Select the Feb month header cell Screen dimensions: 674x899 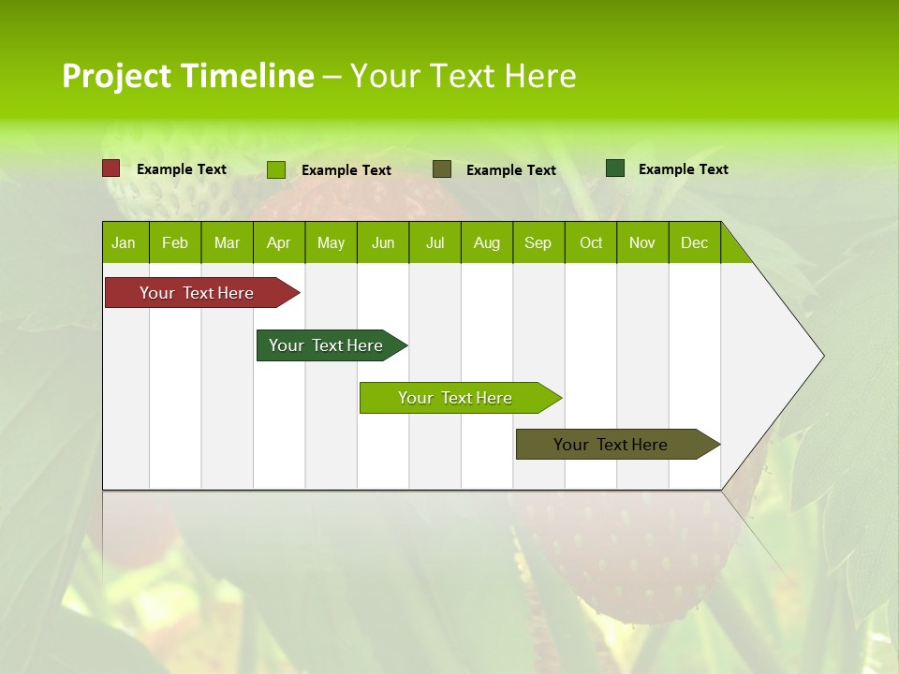point(175,242)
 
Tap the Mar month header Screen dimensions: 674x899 point(227,242)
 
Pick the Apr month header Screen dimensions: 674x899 point(279,242)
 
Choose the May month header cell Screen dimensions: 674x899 point(331,242)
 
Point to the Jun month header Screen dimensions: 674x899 point(383,242)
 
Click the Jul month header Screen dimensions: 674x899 point(435,242)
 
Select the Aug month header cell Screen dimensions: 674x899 point(487,242)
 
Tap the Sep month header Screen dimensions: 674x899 point(538,242)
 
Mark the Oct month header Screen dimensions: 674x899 point(591,242)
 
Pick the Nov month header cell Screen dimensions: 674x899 point(642,242)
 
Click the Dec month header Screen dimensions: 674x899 point(695,242)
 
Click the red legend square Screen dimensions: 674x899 point(111,168)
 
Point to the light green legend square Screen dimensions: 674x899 point(276,169)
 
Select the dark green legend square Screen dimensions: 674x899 point(615,168)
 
